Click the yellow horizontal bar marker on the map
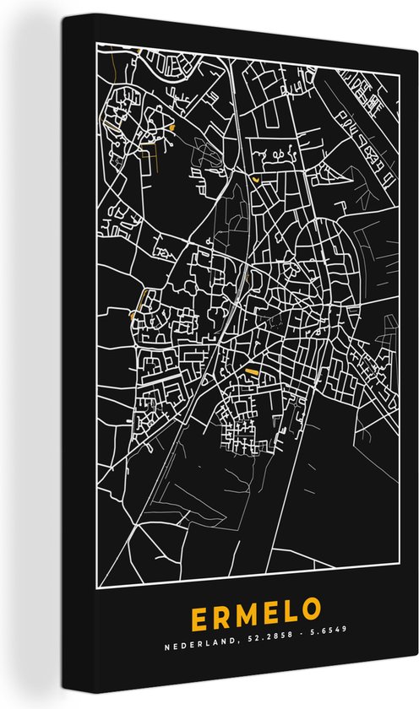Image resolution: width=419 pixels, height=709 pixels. pos(252,371)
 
